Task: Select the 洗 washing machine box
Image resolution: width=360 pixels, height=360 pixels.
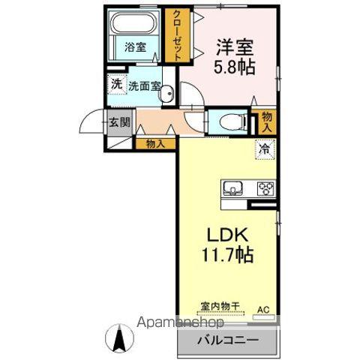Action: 116,85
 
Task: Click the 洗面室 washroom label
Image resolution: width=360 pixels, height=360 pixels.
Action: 144,85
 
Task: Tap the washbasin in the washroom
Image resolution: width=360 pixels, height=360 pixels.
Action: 169,94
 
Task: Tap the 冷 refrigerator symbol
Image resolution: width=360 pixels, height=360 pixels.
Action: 265,148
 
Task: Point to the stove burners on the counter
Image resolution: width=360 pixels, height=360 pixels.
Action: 265,188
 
